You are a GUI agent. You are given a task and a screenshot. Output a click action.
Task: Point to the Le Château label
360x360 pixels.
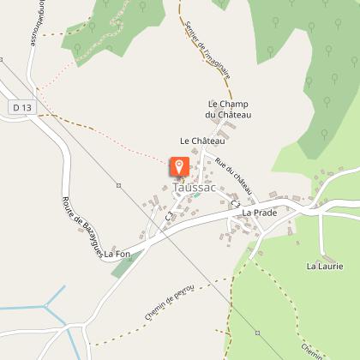point(202,140)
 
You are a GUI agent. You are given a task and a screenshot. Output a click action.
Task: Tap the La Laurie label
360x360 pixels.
point(325,267)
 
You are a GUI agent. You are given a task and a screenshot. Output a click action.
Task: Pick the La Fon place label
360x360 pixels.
point(117,254)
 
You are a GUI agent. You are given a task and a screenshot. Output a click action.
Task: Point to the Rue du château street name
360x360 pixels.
point(234,177)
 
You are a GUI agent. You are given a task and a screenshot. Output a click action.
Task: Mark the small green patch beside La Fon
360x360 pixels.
point(123,265)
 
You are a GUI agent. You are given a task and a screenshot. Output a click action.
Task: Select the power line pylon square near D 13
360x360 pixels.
point(117,185)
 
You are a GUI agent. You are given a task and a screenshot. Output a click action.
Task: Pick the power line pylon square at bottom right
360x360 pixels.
point(257,332)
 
